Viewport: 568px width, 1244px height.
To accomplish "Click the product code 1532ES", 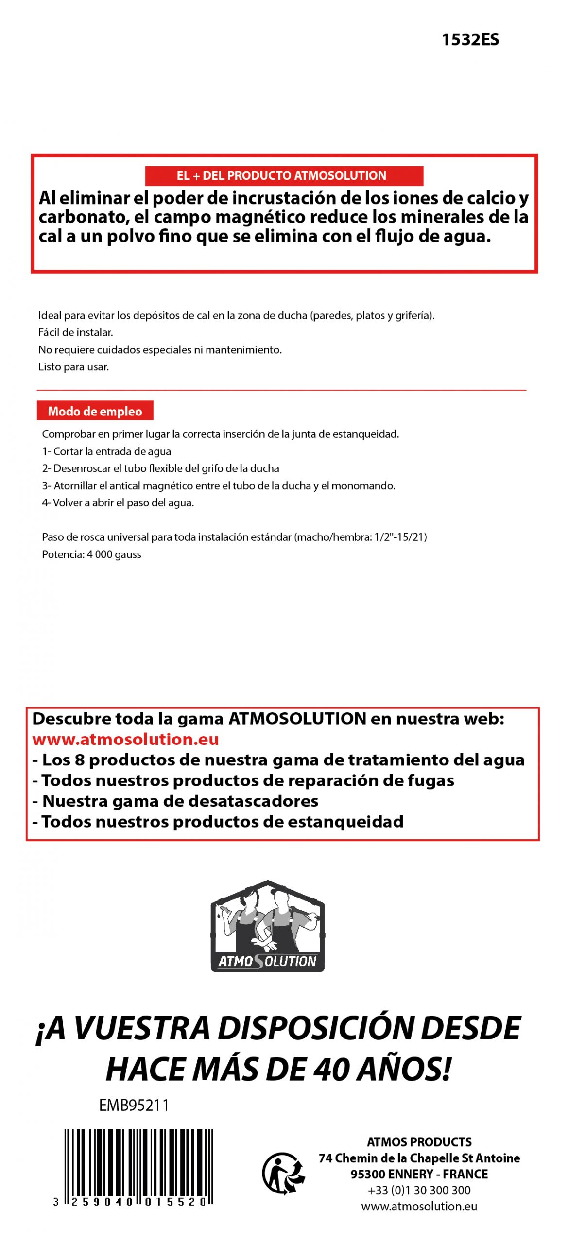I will point(470,40).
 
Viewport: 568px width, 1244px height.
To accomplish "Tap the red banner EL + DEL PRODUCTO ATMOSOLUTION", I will point(284,175).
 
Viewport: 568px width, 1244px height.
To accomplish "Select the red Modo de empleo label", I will point(95,411).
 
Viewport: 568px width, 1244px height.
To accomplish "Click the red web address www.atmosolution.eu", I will point(125,739).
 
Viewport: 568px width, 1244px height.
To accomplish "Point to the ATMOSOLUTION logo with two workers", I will point(267,926).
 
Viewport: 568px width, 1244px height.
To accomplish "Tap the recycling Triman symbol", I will point(283,1173).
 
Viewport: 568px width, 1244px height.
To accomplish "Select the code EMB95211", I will point(134,1106).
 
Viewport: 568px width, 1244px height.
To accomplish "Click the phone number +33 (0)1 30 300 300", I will point(419,1190).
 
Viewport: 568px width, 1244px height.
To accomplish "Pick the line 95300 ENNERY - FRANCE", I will point(419,1174).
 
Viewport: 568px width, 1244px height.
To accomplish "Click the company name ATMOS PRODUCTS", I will point(419,1142).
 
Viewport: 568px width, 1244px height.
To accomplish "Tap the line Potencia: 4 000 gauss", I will point(91,554).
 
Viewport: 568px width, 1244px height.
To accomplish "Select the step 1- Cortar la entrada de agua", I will point(106,451).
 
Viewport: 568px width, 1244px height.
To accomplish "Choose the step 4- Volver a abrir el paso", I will point(118,503).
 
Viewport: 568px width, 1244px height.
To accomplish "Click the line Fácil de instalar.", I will point(76,332).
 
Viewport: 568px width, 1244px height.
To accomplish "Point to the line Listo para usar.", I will point(73,367).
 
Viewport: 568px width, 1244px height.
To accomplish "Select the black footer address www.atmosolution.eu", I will point(419,1206).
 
